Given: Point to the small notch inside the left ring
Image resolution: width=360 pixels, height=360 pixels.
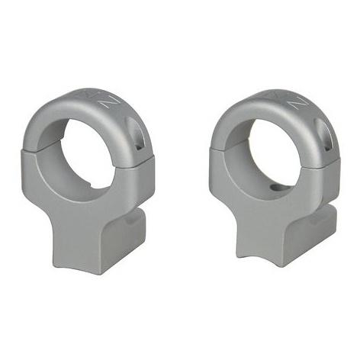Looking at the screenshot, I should click(89, 185).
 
